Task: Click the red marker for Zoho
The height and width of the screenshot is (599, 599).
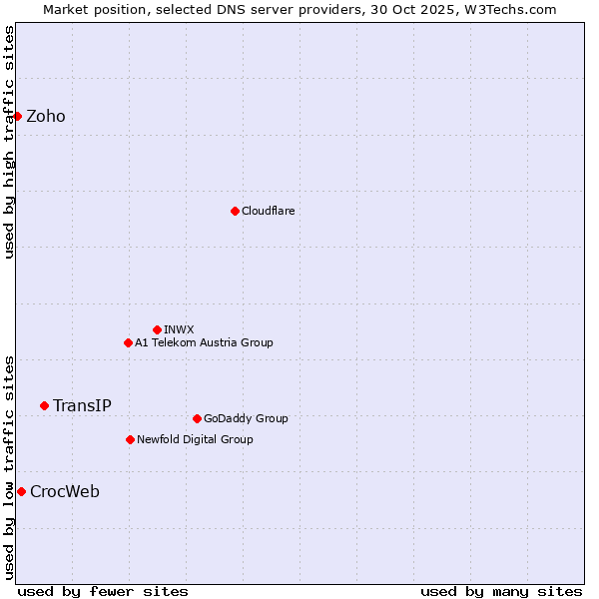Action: (18, 117)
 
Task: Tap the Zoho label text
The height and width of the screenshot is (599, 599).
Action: (46, 117)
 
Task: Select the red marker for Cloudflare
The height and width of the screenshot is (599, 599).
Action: (235, 211)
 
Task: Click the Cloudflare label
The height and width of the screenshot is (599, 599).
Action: (268, 211)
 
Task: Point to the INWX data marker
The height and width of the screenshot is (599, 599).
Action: (157, 329)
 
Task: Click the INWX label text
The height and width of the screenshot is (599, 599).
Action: (179, 329)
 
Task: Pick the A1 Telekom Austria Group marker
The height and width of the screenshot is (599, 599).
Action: (128, 342)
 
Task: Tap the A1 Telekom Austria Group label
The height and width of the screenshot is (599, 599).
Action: (204, 342)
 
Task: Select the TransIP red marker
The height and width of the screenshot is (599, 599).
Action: (44, 405)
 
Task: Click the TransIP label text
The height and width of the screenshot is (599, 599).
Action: (82, 405)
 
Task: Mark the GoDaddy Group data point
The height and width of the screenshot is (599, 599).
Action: (197, 418)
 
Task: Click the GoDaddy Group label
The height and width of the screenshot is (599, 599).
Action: (245, 418)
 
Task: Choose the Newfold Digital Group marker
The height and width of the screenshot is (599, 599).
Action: (130, 439)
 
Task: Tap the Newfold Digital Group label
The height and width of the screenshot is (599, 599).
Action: (195, 439)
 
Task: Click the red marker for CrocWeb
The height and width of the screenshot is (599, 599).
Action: (21, 491)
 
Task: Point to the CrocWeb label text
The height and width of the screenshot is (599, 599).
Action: (65, 491)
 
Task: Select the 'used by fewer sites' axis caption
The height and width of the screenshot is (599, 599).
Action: (103, 591)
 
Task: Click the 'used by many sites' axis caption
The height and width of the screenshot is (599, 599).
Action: (501, 591)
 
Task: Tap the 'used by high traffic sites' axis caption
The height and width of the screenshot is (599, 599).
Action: (9, 142)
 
